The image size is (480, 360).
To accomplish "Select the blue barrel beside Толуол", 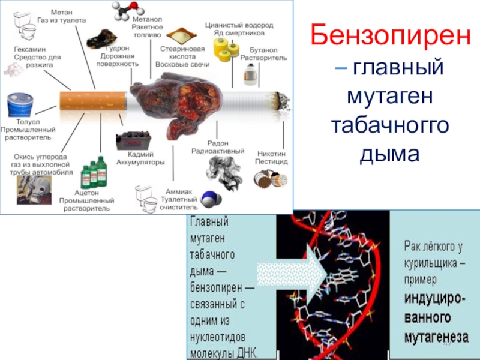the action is [x=20, y=104].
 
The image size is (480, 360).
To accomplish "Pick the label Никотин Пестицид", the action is [x=273, y=158].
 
